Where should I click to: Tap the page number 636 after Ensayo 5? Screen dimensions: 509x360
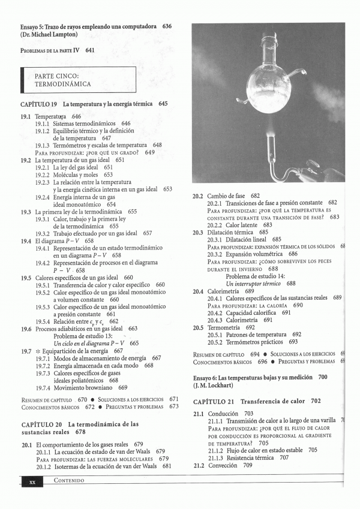coord(167,26)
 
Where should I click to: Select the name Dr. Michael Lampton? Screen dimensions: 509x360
coord(48,36)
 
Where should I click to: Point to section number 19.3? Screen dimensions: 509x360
coord(26,212)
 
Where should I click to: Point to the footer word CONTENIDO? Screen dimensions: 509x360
coord(68,481)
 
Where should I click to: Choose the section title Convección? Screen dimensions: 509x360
coord(223,465)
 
